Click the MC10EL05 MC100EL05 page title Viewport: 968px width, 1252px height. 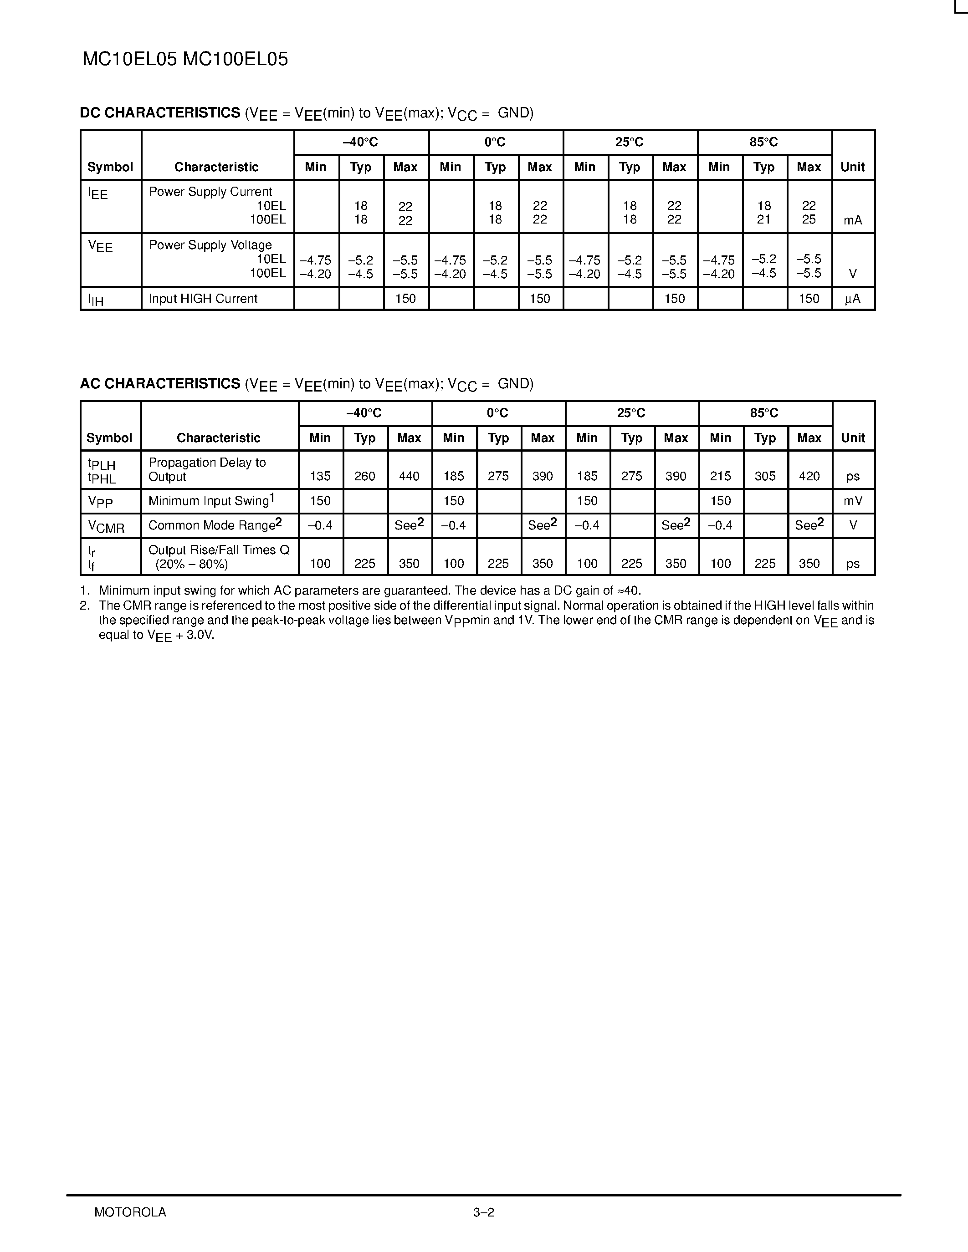(x=185, y=60)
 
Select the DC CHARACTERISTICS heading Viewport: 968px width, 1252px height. (x=160, y=113)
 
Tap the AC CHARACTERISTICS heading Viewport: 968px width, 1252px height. (x=160, y=383)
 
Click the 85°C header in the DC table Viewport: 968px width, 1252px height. (x=764, y=142)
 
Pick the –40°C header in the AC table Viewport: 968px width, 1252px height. (x=364, y=413)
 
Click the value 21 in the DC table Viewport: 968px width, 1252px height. (x=764, y=219)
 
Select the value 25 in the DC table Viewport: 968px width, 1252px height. (x=809, y=219)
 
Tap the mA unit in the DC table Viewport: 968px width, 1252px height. (x=853, y=221)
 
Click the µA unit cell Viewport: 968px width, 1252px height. (x=853, y=299)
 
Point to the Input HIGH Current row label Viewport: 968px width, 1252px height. (x=203, y=299)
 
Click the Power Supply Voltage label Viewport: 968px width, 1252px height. (x=210, y=245)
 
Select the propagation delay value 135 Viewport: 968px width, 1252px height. (x=320, y=476)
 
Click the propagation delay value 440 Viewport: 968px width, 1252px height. (x=409, y=476)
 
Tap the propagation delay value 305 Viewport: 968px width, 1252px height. (x=765, y=476)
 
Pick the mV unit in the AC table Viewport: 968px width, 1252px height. (x=853, y=501)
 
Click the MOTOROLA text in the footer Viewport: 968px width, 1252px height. (x=130, y=1212)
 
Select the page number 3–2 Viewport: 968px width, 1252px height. (x=483, y=1212)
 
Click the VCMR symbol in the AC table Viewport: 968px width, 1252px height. (x=106, y=526)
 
